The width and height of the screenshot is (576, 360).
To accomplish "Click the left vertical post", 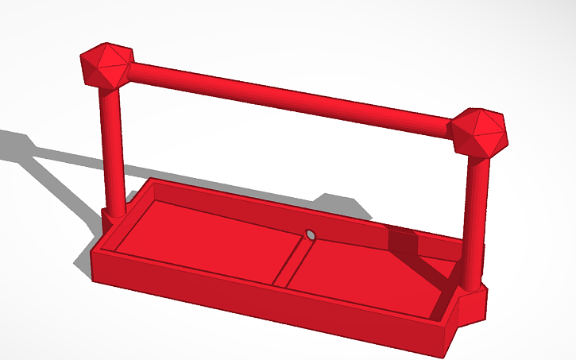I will tap(112, 151).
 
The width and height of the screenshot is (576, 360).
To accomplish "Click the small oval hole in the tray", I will tap(311, 235).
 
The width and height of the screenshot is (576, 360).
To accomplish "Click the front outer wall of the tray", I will tap(262, 306).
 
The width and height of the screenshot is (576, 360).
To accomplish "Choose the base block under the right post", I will tap(474, 306).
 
